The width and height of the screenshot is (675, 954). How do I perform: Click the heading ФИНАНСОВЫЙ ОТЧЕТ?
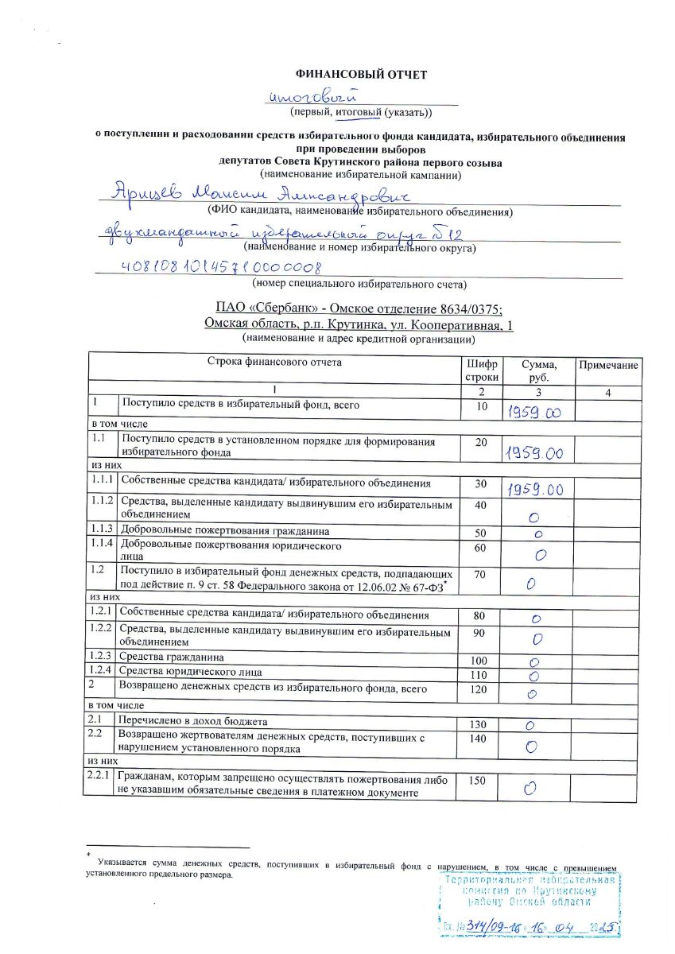[x=361, y=75]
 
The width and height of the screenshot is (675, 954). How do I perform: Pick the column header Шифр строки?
[x=482, y=371]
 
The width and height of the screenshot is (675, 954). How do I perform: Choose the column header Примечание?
[x=608, y=365]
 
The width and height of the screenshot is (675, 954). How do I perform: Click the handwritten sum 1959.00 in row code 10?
[x=533, y=412]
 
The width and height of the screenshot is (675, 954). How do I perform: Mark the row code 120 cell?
[x=479, y=689]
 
